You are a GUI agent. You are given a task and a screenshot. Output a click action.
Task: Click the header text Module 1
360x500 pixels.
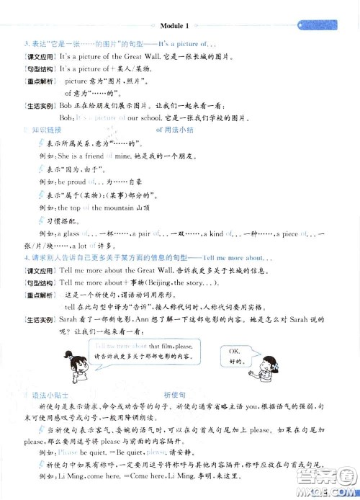(179, 6)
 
